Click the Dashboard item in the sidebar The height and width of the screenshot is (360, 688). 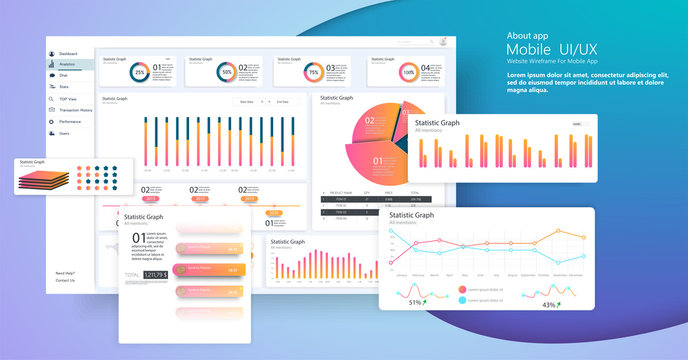pyautogui.click(x=68, y=53)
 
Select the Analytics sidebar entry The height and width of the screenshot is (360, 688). pyautogui.click(x=67, y=64)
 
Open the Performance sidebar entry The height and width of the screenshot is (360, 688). pyautogui.click(x=70, y=121)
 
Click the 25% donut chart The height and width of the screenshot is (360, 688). pyautogui.click(x=140, y=72)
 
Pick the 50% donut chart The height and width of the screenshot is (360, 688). pyautogui.click(x=227, y=72)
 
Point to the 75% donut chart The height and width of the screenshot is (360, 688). pyautogui.click(x=313, y=72)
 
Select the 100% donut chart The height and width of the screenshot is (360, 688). pyautogui.click(x=408, y=72)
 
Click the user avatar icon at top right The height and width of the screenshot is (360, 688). pyautogui.click(x=441, y=42)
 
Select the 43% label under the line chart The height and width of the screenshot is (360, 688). pyautogui.click(x=549, y=304)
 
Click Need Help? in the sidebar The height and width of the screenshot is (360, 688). pyautogui.click(x=65, y=273)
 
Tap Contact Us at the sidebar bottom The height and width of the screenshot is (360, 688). pyautogui.click(x=65, y=280)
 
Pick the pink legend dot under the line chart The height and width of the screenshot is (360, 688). pyautogui.click(x=462, y=290)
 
